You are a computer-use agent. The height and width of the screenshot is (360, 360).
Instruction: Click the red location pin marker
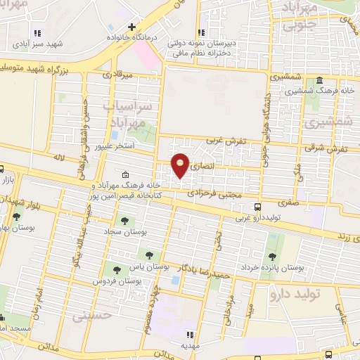pyautogui.click(x=181, y=165)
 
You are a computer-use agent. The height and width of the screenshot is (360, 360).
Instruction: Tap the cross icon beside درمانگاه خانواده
pyautogui.click(x=131, y=27)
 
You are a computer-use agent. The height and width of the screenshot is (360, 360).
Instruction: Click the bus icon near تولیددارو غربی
pyautogui.click(x=258, y=207)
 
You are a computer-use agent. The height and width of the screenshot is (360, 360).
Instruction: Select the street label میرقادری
pyautogui.click(x=119, y=73)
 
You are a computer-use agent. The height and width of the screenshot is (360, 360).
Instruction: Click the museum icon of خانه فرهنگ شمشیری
pyautogui.click(x=319, y=80)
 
